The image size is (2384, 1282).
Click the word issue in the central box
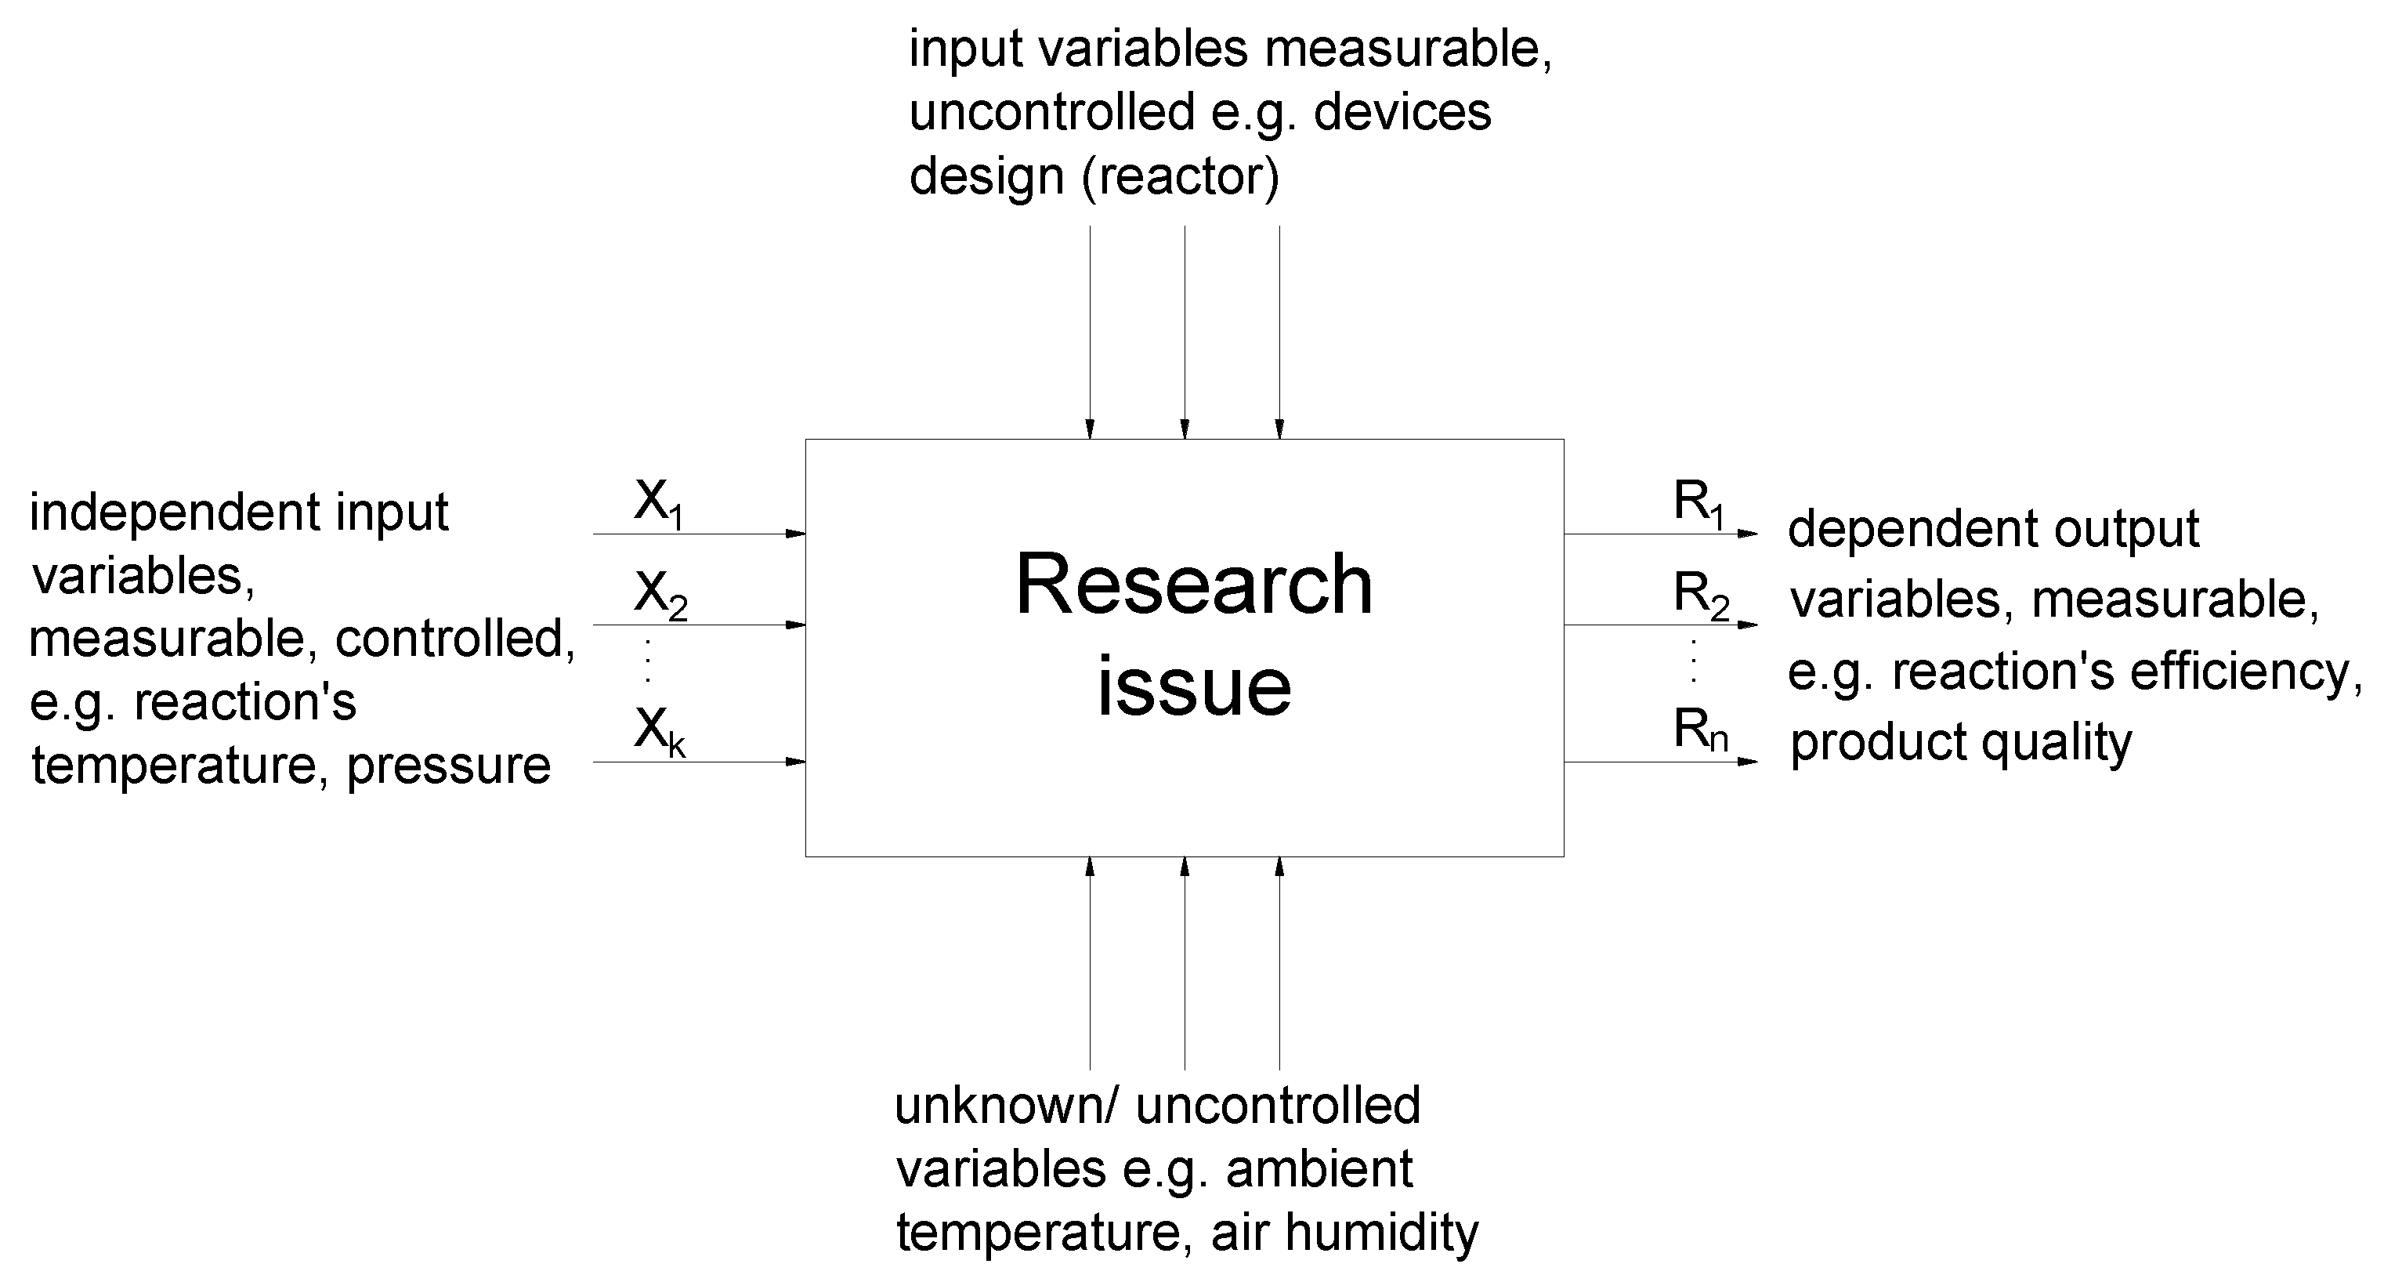[x=1194, y=686]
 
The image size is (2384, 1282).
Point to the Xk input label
[x=659, y=731]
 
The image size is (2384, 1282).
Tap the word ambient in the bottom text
[x=1319, y=1169]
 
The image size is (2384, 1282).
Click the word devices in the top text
[x=1402, y=113]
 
